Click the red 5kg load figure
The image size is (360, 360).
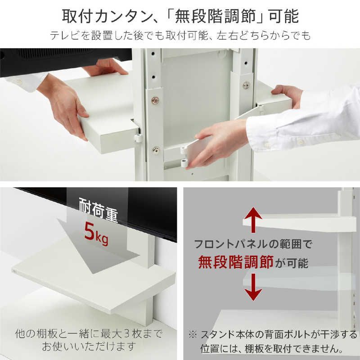95,234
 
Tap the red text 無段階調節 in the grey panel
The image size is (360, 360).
236,262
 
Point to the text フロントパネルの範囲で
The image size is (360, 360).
253,245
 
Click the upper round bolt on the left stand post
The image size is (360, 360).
155,101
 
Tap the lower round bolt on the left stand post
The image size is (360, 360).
156,150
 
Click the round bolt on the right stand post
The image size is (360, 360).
246,85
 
